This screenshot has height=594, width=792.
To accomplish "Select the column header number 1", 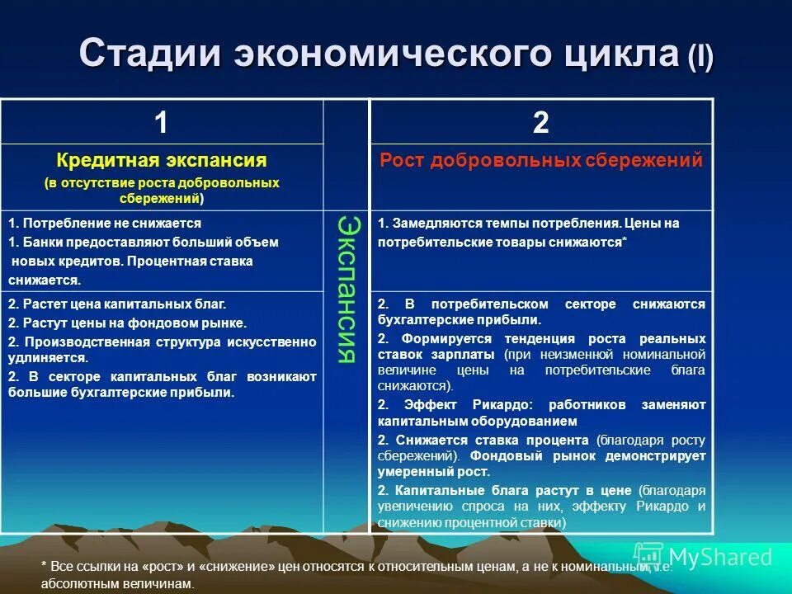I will pyautogui.click(x=161, y=123).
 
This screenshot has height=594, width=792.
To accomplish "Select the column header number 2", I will pyautogui.click(x=540, y=123).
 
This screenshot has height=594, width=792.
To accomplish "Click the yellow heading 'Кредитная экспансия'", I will pyautogui.click(x=162, y=160).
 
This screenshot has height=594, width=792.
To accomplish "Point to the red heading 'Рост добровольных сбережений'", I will pyautogui.click(x=541, y=160).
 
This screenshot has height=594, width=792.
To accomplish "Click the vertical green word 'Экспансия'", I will pyautogui.click(x=347, y=289).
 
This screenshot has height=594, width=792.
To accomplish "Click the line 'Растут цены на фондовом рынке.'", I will pyautogui.click(x=128, y=323).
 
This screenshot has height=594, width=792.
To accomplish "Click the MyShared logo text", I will pyautogui.click(x=720, y=557).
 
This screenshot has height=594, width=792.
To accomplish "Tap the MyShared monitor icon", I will pyautogui.click(x=649, y=557).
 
